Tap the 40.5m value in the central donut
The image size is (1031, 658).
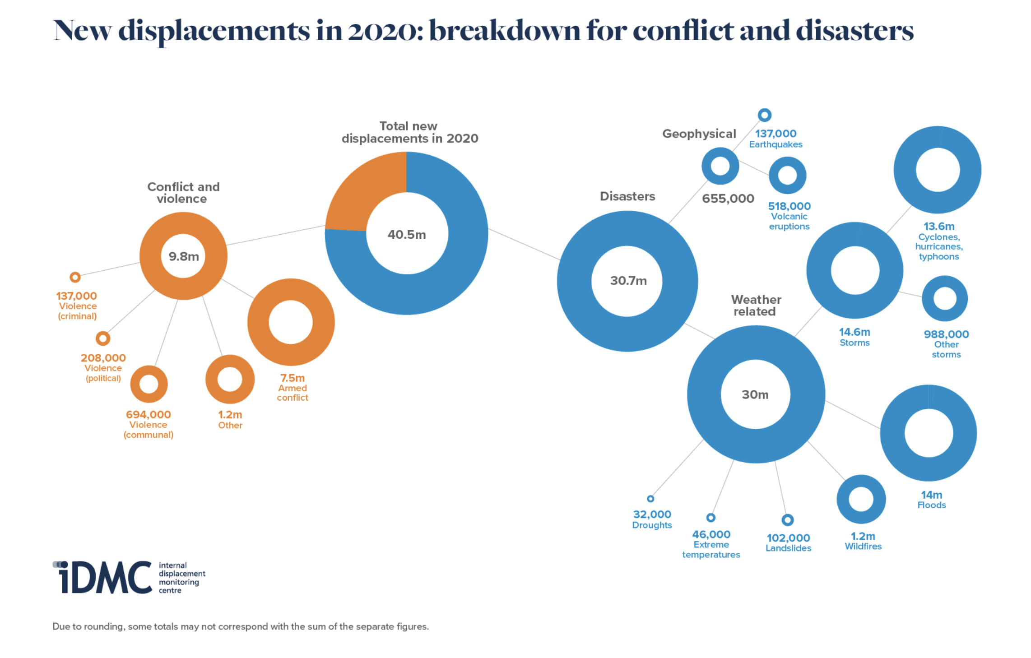[407, 235]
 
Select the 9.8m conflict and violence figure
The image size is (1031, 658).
[184, 256]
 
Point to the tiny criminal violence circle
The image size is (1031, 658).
[75, 277]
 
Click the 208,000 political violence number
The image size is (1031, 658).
[103, 358]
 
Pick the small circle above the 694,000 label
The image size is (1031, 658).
[149, 384]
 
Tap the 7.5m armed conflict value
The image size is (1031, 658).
[293, 378]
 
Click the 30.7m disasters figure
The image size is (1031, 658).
[628, 281]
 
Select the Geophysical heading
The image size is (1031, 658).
[699, 134]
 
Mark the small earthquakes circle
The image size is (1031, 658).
[764, 115]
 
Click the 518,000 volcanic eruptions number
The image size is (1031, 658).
[790, 206]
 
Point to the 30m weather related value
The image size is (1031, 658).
[755, 394]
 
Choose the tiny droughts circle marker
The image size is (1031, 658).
[650, 499]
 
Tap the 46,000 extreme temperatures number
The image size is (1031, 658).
[711, 534]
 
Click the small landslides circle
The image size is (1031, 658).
[788, 520]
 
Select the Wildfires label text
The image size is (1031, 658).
[863, 547]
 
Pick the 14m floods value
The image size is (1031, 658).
[932, 495]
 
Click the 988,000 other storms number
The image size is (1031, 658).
[946, 334]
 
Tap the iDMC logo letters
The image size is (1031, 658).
[102, 577]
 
